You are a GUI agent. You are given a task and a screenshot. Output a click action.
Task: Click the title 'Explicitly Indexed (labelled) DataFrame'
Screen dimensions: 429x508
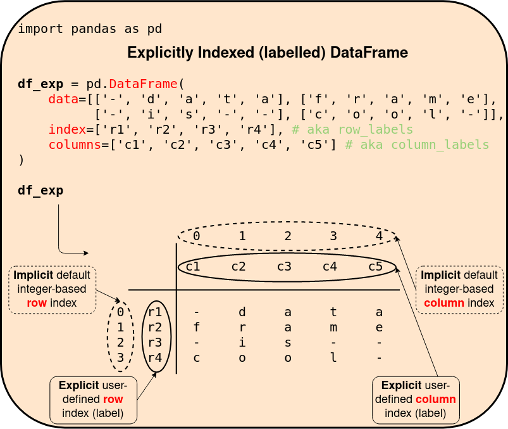click(267, 53)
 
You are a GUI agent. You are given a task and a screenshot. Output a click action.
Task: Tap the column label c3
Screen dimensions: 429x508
click(284, 266)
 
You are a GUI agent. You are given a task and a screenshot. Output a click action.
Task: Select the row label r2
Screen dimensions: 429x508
click(155, 328)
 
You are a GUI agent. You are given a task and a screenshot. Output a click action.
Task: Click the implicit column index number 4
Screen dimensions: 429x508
click(379, 236)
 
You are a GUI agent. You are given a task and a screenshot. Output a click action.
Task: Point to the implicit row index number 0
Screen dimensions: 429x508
click(120, 312)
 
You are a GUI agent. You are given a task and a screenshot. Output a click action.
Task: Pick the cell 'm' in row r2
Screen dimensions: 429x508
click(333, 328)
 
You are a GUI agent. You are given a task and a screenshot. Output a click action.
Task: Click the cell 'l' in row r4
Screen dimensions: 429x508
click(333, 358)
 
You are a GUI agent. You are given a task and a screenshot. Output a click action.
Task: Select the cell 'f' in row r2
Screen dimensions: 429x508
click(196, 328)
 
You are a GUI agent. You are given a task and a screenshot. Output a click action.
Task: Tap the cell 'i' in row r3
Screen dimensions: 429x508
click(242, 343)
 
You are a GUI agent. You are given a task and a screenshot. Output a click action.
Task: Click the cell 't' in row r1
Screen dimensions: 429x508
click(333, 312)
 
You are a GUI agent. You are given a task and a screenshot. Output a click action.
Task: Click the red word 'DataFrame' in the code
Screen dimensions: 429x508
click(144, 84)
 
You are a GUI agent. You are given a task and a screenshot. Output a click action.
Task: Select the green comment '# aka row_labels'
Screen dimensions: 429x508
click(352, 129)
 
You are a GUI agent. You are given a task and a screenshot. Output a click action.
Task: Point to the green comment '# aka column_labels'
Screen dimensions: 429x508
click(417, 144)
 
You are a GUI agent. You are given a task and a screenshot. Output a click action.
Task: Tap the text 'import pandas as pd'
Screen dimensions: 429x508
click(90, 29)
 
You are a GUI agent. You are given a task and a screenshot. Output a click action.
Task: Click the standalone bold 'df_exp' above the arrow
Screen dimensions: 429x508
click(40, 190)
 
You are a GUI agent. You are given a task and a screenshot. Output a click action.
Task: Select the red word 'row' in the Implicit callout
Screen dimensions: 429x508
click(36, 303)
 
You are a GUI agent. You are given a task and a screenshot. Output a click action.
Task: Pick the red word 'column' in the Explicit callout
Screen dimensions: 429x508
click(436, 399)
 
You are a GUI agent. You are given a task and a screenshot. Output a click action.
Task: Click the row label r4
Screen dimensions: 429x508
click(155, 358)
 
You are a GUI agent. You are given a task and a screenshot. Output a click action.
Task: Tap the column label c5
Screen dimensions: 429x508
click(375, 266)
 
